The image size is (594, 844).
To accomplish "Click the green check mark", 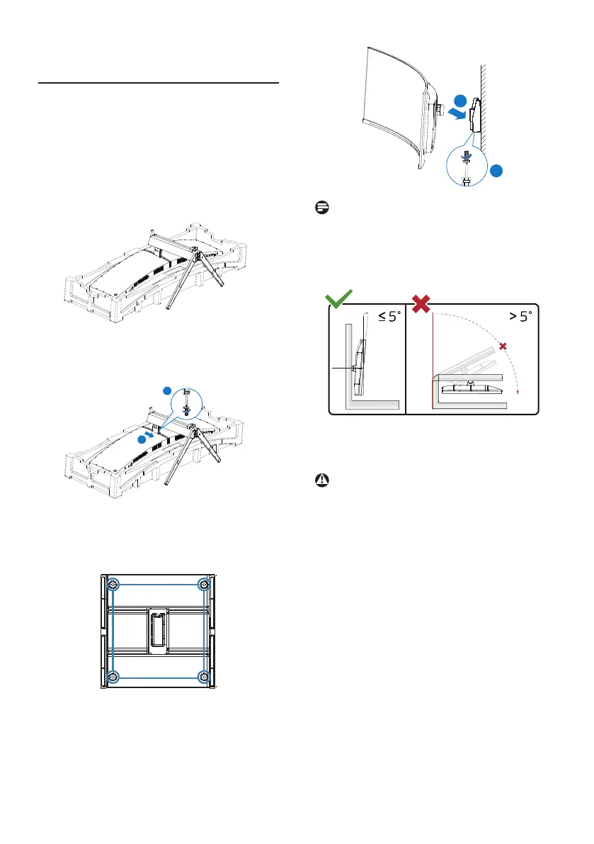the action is [x=338, y=299].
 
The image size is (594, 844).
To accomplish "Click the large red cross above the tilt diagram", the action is [x=421, y=303].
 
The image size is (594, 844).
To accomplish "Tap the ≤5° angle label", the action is [x=389, y=317].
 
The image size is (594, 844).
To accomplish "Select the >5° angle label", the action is [x=520, y=317].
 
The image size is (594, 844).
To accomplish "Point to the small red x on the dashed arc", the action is [x=503, y=346].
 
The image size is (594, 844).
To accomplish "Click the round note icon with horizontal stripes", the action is [x=322, y=207].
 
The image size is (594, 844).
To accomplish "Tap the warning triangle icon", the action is [x=322, y=480].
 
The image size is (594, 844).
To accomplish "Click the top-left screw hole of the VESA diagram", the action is [x=113, y=585].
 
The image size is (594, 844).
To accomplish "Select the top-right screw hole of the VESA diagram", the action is [x=204, y=585].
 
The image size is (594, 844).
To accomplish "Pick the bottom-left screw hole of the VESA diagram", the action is [x=113, y=677].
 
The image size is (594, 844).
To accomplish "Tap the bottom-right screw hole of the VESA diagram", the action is [x=204, y=677].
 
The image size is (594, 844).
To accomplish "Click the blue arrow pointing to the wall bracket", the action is [x=457, y=113].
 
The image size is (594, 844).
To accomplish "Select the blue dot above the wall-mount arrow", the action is [x=460, y=101].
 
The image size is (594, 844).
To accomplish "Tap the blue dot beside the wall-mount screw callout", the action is [x=496, y=171].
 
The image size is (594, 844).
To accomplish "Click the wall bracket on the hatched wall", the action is [x=474, y=116].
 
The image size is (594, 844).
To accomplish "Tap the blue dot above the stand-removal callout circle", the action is [x=167, y=390].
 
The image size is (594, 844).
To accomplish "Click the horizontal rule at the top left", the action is [x=159, y=84].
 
